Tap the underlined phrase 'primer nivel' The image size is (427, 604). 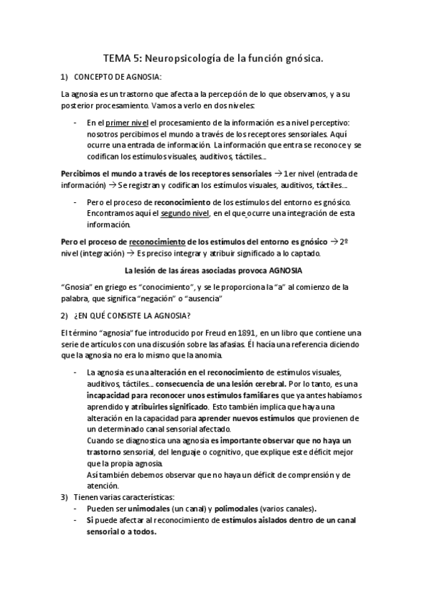point(127,123)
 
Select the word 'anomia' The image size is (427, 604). point(207,355)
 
